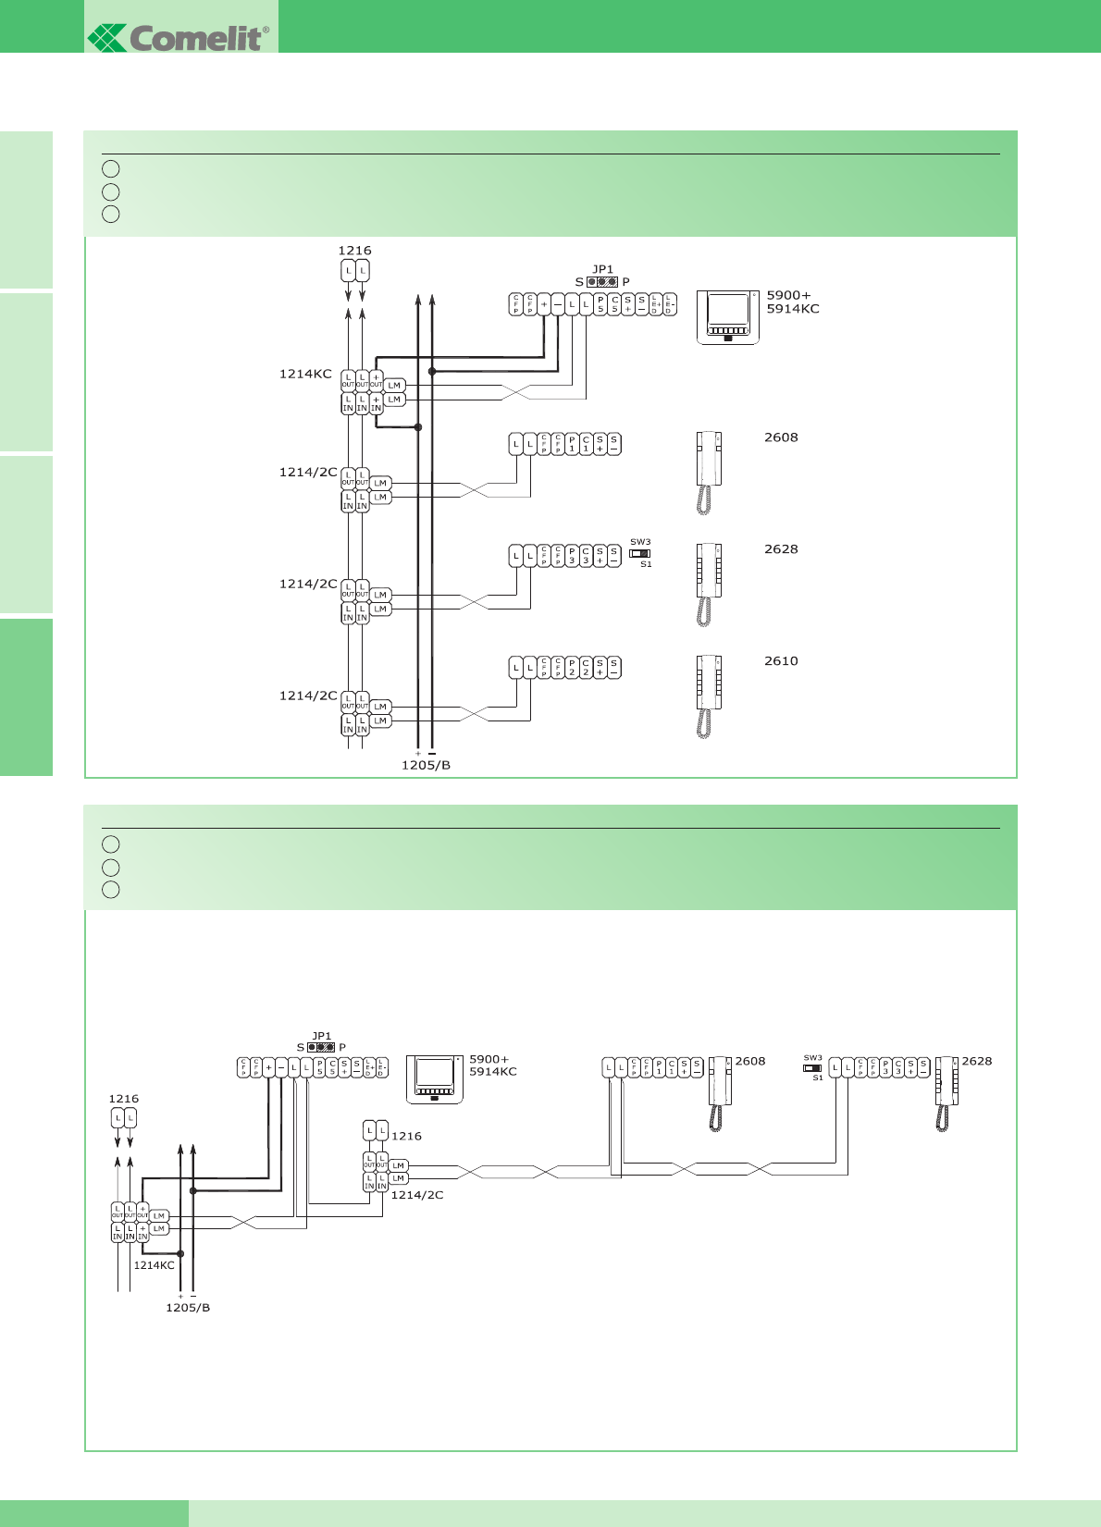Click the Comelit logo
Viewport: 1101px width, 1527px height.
coord(179,37)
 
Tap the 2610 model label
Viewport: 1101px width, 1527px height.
coord(781,661)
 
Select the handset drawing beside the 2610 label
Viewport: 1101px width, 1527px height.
coord(708,696)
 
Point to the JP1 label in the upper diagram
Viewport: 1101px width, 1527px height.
coord(602,269)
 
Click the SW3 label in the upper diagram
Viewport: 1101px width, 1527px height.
coord(640,542)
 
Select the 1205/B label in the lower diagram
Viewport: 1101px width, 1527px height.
coord(188,1308)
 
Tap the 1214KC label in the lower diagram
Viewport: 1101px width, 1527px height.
coord(154,1265)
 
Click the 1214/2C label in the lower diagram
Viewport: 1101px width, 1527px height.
coord(417,1195)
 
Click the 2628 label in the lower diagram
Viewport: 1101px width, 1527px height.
coord(976,1061)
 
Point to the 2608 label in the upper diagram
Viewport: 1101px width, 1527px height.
coord(781,437)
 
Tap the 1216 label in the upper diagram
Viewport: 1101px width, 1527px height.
coord(354,251)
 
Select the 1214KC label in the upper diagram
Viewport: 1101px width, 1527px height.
coord(305,374)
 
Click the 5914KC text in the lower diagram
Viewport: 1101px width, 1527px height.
coord(493,1072)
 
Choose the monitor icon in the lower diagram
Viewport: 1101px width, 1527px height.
coord(435,1079)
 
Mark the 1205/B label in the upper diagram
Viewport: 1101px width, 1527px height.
coord(426,765)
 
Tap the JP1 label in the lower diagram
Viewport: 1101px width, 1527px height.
coord(321,1036)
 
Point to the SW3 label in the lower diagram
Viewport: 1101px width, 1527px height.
coord(812,1057)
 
